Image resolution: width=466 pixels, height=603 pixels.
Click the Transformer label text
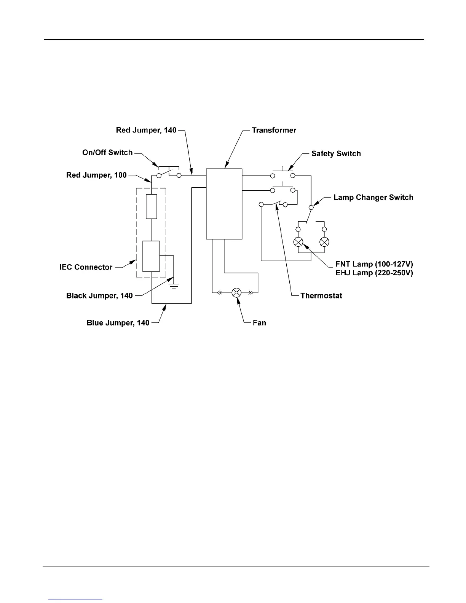tap(274, 130)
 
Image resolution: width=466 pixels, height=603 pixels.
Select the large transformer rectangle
tap(224, 204)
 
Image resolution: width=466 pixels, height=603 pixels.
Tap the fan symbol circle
tap(236, 292)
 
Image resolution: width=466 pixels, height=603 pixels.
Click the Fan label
tap(259, 323)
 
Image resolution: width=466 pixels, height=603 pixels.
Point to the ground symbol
tap(174, 286)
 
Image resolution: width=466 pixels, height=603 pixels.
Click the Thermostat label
tap(321, 295)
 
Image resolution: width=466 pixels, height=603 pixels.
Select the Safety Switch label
tap(336, 153)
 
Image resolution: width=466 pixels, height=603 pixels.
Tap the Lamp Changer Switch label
tap(373, 197)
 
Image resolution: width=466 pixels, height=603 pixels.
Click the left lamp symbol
tap(298, 242)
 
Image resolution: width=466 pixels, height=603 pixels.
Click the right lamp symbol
tap(324, 242)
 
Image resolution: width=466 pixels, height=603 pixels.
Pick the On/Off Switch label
tap(107, 152)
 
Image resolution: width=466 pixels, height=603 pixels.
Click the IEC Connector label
tap(86, 267)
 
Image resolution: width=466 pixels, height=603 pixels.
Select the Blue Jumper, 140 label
tap(118, 323)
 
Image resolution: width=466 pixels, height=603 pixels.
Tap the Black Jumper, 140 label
tap(99, 295)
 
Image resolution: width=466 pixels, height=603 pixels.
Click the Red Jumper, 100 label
tap(96, 175)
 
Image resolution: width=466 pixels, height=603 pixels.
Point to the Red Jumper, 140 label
tap(146, 130)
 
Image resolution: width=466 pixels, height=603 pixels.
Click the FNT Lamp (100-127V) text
tap(374, 264)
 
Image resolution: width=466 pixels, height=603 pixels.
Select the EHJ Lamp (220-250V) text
tap(374, 273)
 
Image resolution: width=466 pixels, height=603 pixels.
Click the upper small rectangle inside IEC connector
tap(152, 206)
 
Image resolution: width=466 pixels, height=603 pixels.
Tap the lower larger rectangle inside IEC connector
tap(151, 256)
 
